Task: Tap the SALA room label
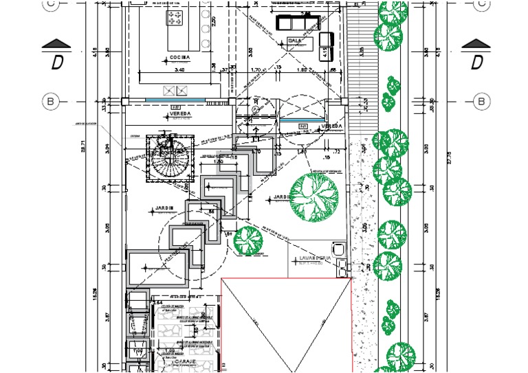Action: click(296, 41)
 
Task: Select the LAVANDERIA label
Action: click(315, 258)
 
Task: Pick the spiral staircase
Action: click(170, 159)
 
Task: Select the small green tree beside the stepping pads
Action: click(247, 239)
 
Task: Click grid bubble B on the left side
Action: click(51, 102)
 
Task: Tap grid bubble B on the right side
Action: click(482, 102)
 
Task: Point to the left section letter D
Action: click(58, 63)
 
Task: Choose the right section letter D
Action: click(476, 63)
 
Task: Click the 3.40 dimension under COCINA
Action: click(180, 70)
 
